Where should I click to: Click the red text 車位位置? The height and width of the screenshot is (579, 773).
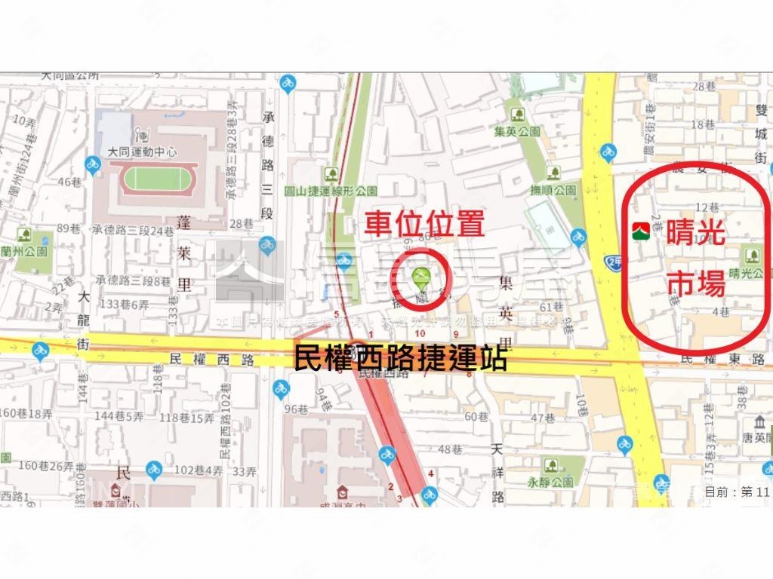click(x=424, y=225)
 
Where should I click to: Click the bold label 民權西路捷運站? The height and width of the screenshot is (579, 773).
click(x=399, y=358)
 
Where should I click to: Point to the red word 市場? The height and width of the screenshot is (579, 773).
click(x=697, y=284)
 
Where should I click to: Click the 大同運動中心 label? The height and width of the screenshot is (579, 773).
click(x=142, y=152)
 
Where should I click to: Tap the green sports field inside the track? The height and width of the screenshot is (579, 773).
click(x=153, y=179)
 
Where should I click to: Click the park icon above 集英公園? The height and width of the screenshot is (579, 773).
click(x=518, y=115)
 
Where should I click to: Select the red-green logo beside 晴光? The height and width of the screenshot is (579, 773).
click(x=641, y=231)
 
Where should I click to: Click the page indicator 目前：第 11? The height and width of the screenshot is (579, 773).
click(x=736, y=492)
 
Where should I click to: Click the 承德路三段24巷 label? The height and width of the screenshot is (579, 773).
click(x=131, y=229)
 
